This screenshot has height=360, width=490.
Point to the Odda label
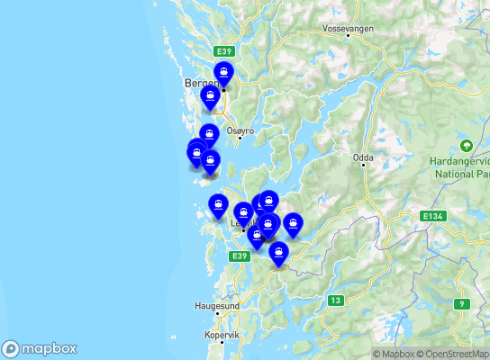point(363,157)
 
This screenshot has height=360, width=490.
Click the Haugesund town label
point(217,306)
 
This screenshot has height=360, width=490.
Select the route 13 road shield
point(335,300)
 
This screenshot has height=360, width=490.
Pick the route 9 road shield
point(463,303)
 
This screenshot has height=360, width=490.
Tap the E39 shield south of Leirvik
point(238,256)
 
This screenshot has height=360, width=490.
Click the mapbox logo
point(40,348)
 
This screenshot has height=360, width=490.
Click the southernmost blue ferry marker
point(278,253)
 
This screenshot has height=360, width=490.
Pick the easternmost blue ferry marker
point(293,224)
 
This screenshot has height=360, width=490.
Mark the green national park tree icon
point(467,146)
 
